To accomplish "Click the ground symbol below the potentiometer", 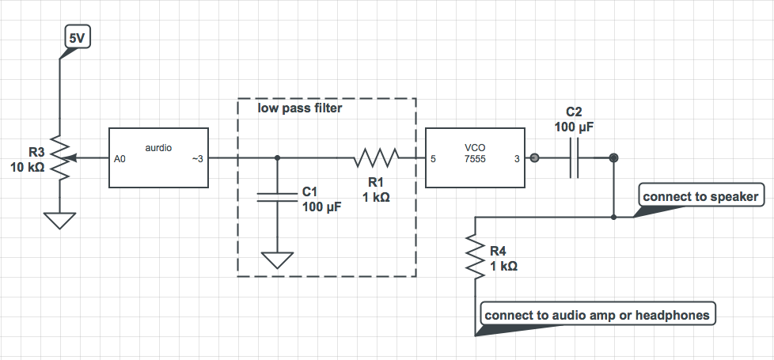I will coord(60,218).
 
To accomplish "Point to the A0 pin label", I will coord(120,159).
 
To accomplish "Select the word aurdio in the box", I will coord(159,148).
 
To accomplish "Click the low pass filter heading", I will coord(300,108).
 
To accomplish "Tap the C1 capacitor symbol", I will coord(277,198).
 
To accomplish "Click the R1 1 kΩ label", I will coord(375,190).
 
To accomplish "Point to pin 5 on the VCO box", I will coord(433,159).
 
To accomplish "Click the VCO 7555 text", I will coord(476,153).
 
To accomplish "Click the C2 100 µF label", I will coord(574,119).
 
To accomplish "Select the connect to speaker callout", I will coord(700,196).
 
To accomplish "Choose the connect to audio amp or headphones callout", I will coord(597,314).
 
